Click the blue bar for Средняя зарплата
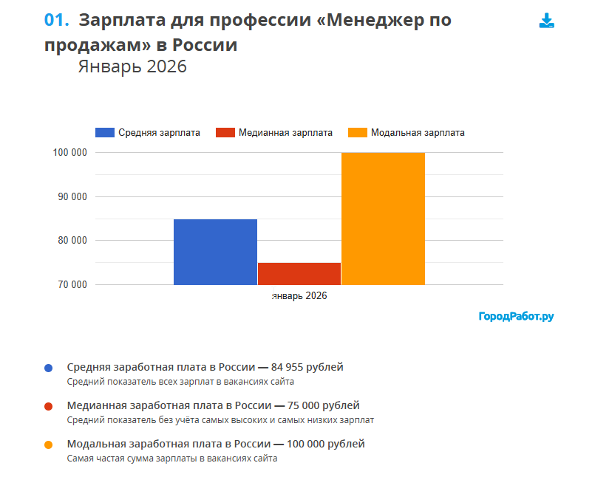(215, 252)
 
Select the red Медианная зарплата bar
(299, 273)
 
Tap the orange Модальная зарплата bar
(383, 219)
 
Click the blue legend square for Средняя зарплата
(105, 133)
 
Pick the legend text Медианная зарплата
(285, 133)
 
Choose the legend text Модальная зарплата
(418, 133)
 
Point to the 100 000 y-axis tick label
(70, 153)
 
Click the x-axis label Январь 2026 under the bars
(299, 295)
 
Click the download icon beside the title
(546, 21)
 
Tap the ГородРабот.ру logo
(516, 317)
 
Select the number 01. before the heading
(56, 20)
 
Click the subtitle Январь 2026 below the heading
(132, 66)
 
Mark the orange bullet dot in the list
(48, 445)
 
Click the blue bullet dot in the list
(48, 368)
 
